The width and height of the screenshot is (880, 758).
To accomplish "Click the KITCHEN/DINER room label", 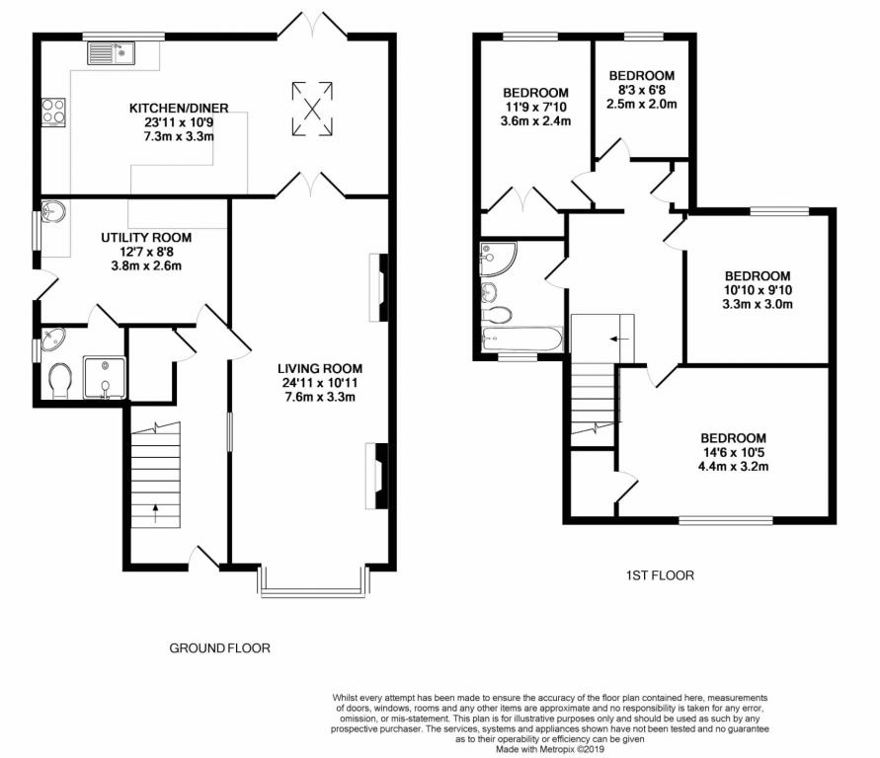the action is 179,108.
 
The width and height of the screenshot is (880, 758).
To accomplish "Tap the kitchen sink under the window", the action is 111,54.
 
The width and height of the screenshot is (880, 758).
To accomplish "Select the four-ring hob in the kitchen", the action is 53,113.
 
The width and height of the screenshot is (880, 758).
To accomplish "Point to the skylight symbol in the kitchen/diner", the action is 312,109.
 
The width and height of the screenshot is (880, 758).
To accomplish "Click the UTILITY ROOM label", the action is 146,238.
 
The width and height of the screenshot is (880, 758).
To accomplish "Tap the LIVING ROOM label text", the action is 320,368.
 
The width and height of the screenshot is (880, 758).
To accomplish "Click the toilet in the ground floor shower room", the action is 60,381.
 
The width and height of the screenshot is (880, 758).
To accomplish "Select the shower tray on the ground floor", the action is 105,377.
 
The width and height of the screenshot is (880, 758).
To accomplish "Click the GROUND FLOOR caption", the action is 219,648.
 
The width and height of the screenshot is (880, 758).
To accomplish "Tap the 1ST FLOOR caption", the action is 660,575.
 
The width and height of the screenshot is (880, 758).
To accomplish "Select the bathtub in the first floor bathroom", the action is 521,340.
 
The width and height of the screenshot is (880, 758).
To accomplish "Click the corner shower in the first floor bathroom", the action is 498,259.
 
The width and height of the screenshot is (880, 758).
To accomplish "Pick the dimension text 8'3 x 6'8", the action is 641,90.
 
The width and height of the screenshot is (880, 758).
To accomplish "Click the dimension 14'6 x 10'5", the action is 733,452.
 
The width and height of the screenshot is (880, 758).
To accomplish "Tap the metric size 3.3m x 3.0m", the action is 758,304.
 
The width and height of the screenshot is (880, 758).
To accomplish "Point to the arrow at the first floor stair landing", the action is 620,340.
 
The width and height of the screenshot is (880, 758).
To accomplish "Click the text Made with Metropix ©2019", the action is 550,749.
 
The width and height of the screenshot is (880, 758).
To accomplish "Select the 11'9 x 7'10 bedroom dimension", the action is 535,107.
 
